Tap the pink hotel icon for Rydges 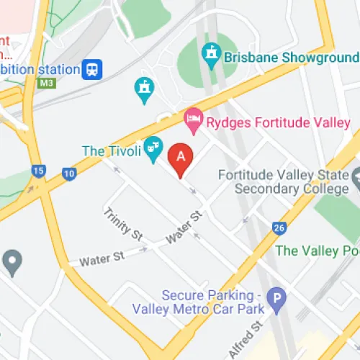click(193, 121)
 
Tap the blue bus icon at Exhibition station click(93, 69)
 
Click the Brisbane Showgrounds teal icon click(210, 53)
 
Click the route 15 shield click(37, 171)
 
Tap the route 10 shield click(69, 173)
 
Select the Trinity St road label click(123, 223)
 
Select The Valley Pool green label click(318, 251)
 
